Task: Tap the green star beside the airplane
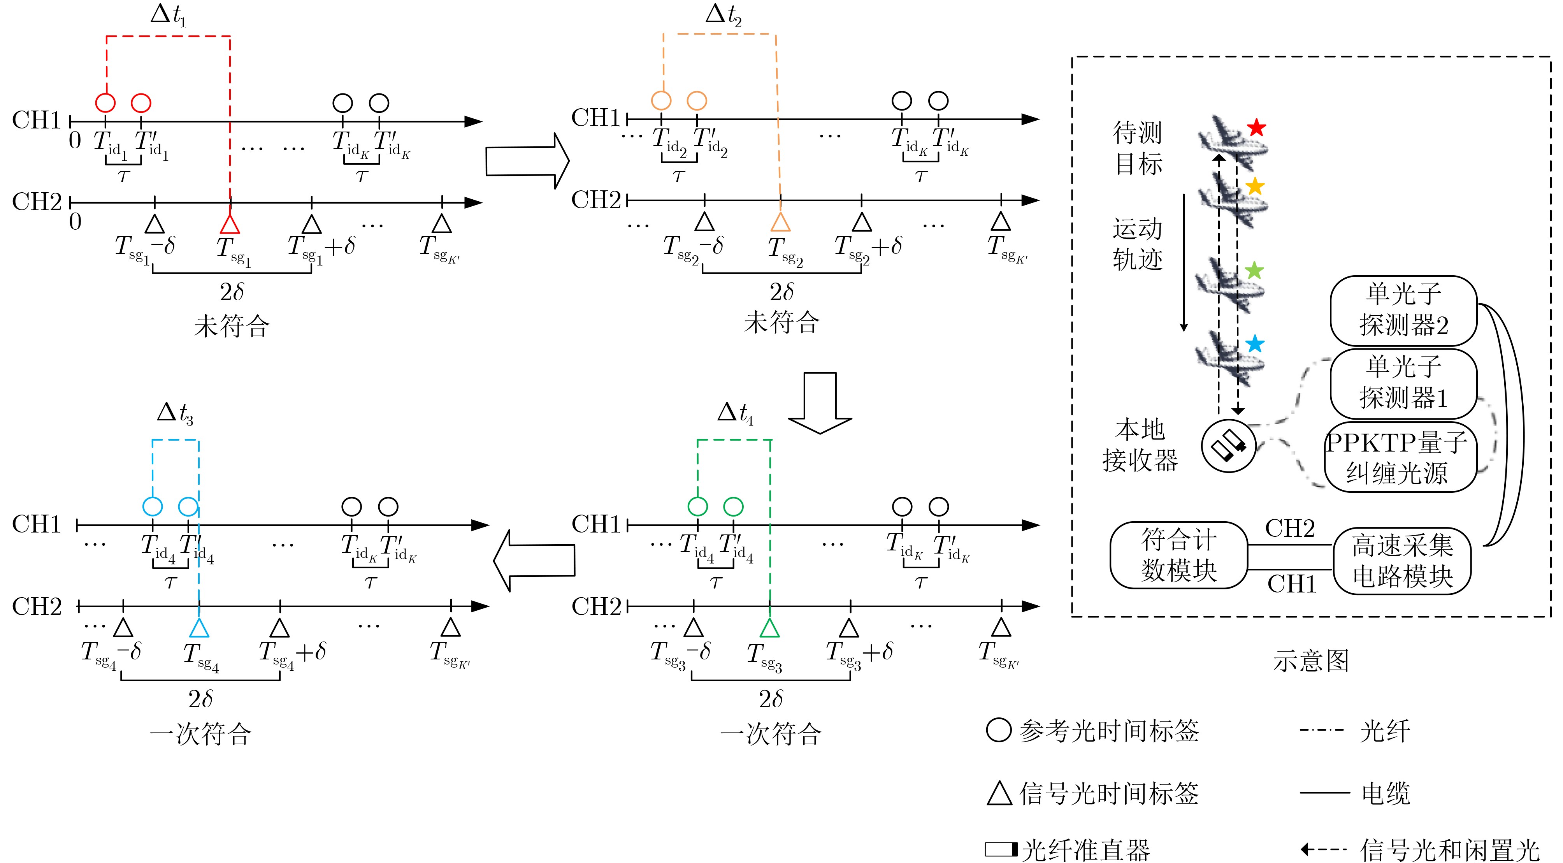[x=1254, y=271]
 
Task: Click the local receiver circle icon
[x=1228, y=446]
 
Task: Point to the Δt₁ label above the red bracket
[x=168, y=15]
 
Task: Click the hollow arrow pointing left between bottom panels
[x=534, y=560]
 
